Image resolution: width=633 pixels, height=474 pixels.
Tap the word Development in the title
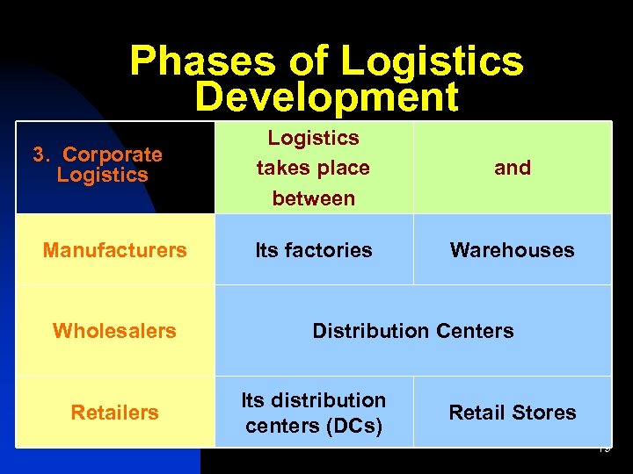tap(326, 97)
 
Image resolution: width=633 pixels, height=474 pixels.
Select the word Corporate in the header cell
tap(113, 154)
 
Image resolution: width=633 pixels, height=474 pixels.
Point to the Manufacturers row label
tap(114, 250)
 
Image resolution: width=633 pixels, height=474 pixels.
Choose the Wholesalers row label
tap(114, 331)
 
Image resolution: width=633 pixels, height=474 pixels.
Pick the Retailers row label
tap(114, 413)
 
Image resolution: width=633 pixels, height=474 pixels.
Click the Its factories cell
tap(314, 250)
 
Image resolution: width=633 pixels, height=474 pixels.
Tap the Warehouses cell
tap(512, 250)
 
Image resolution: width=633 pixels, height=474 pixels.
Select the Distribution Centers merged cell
tap(413, 331)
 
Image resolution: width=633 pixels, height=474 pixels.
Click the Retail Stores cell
tap(513, 413)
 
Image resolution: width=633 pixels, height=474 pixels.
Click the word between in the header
tap(314, 198)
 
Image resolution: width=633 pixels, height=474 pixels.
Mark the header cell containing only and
tap(513, 168)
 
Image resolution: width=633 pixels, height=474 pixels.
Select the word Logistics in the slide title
tap(432, 61)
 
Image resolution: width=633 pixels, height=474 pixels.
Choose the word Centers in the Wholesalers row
tap(473, 331)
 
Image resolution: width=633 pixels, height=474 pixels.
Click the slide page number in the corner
tap(603, 449)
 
